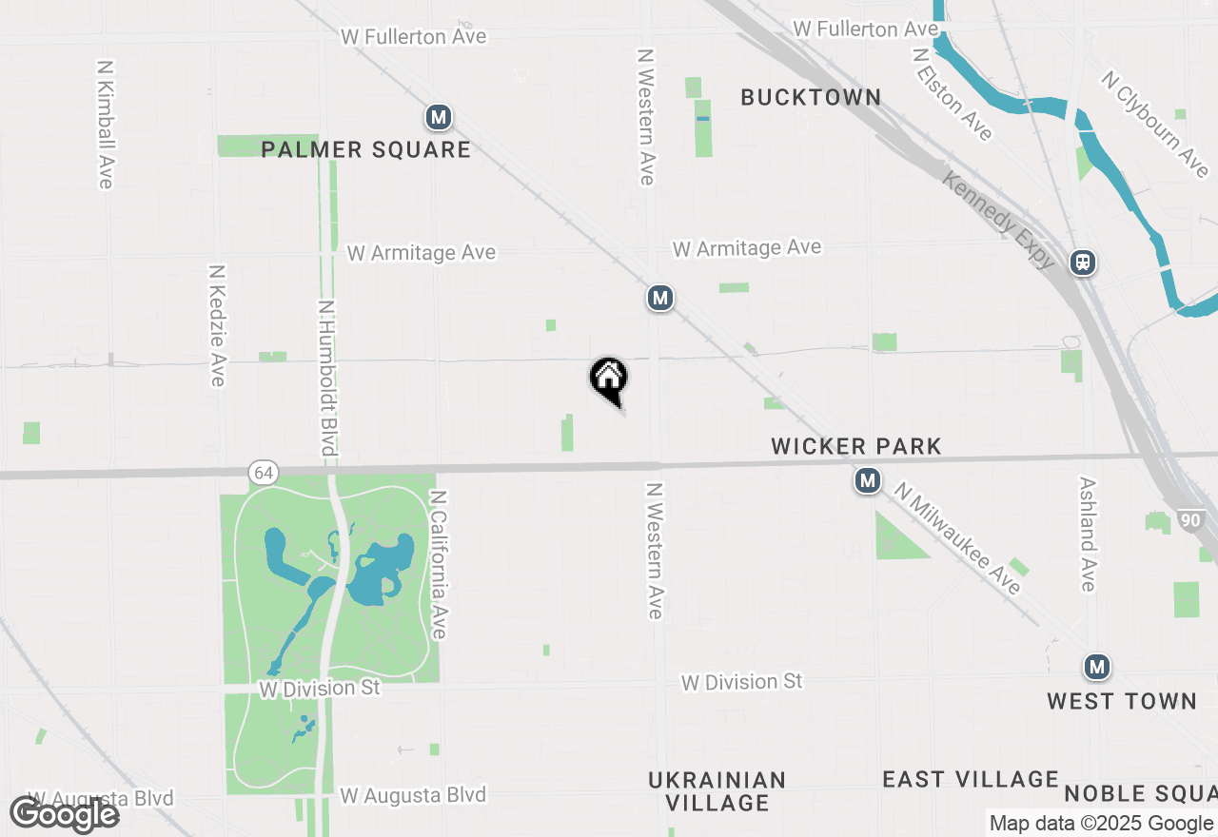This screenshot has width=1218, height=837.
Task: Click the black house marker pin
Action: [x=609, y=379]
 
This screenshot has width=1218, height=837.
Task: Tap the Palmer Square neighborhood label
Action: [x=365, y=149]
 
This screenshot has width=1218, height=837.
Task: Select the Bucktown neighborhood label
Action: [x=811, y=97]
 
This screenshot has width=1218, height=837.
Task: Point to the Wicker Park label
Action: [x=856, y=446]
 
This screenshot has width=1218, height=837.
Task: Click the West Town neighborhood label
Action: [x=1122, y=701]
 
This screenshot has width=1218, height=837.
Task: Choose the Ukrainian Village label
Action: [x=717, y=791]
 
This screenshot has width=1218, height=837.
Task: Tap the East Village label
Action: [x=971, y=780]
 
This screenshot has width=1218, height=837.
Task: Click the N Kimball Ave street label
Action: [x=106, y=125]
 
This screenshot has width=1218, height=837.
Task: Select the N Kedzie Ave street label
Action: [x=217, y=325]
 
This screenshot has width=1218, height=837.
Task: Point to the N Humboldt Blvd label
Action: [x=327, y=377]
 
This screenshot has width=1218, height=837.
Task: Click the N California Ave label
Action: [x=439, y=565]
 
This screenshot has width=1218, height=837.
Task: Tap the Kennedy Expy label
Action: [x=998, y=219]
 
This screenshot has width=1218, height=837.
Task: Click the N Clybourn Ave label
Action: [x=1155, y=124]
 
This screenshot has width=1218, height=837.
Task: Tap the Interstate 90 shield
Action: [x=1189, y=520]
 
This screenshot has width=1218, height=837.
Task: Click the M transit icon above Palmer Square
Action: [x=438, y=118]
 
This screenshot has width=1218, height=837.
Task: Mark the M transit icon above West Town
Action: [x=1097, y=667]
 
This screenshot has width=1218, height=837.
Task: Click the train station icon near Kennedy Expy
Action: [x=1083, y=263]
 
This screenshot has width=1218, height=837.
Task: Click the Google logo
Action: [x=65, y=814]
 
